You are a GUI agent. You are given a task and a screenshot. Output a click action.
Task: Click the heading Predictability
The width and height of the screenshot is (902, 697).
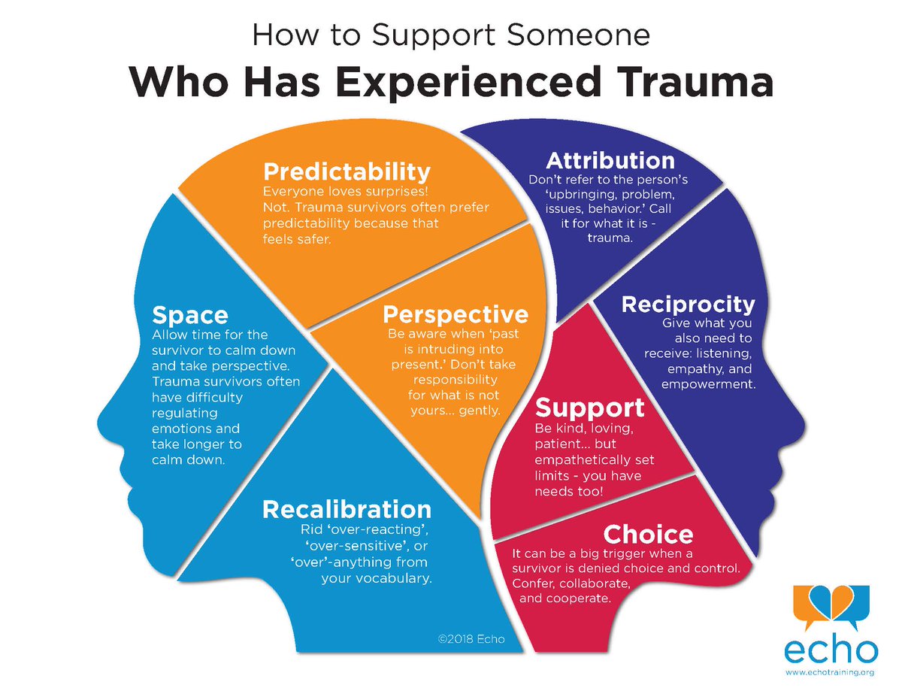(x=347, y=171)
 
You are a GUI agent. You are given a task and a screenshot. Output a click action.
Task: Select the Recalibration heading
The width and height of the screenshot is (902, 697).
(x=347, y=509)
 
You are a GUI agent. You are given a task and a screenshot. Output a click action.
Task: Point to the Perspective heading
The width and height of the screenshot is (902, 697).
(x=456, y=313)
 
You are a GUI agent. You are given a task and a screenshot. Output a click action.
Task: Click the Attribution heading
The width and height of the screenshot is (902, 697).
(x=610, y=160)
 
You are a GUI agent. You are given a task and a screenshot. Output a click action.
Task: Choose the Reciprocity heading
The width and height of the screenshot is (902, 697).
(x=688, y=305)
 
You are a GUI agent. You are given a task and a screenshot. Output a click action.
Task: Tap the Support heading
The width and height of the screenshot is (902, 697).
(x=589, y=408)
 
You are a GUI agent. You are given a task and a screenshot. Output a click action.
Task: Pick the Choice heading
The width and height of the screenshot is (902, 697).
(x=648, y=535)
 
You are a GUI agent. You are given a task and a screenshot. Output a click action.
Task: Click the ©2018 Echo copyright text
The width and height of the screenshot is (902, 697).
(x=471, y=640)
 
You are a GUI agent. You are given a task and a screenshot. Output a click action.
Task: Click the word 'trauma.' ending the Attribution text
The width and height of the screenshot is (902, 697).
(x=610, y=237)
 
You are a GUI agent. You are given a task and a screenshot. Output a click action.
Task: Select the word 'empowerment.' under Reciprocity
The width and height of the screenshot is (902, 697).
(x=707, y=384)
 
